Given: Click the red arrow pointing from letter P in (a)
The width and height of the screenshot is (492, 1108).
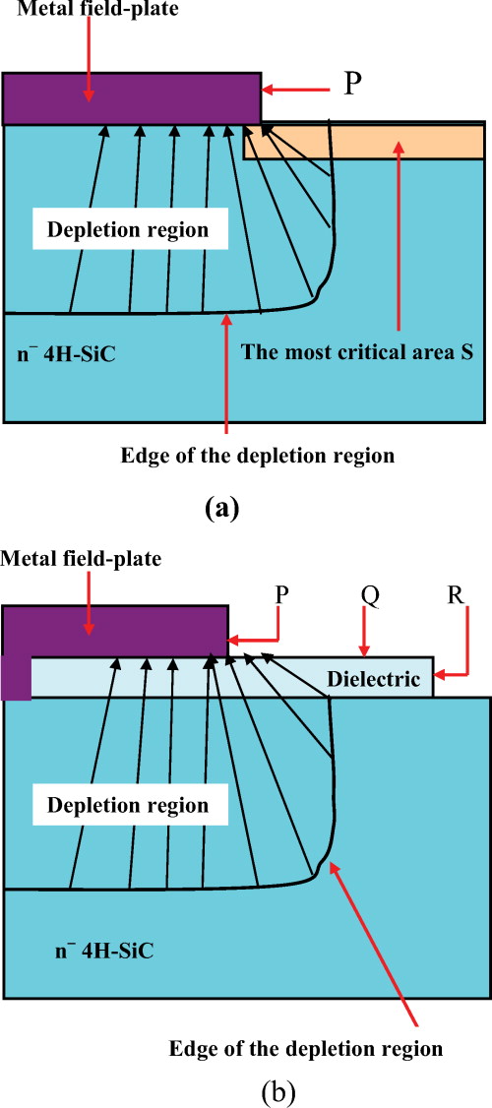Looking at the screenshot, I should tap(295, 89).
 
